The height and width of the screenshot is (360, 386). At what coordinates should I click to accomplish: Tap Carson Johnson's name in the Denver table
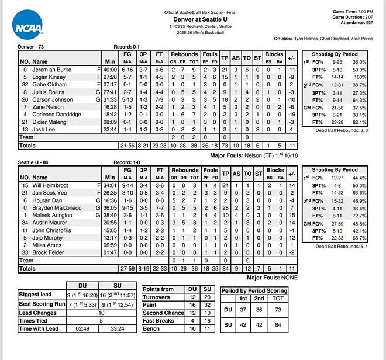tap(51, 99)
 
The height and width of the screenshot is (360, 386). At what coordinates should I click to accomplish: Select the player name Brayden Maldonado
tap(57, 207)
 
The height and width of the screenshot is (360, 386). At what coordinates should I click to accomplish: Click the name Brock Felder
tap(48, 252)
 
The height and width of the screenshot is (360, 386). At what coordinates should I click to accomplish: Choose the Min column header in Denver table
tap(109, 61)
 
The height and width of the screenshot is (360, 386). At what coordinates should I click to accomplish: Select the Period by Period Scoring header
tap(254, 290)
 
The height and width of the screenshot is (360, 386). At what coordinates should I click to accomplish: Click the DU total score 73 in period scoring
tap(278, 309)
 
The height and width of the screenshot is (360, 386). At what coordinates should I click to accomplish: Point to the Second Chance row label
tap(164, 313)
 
